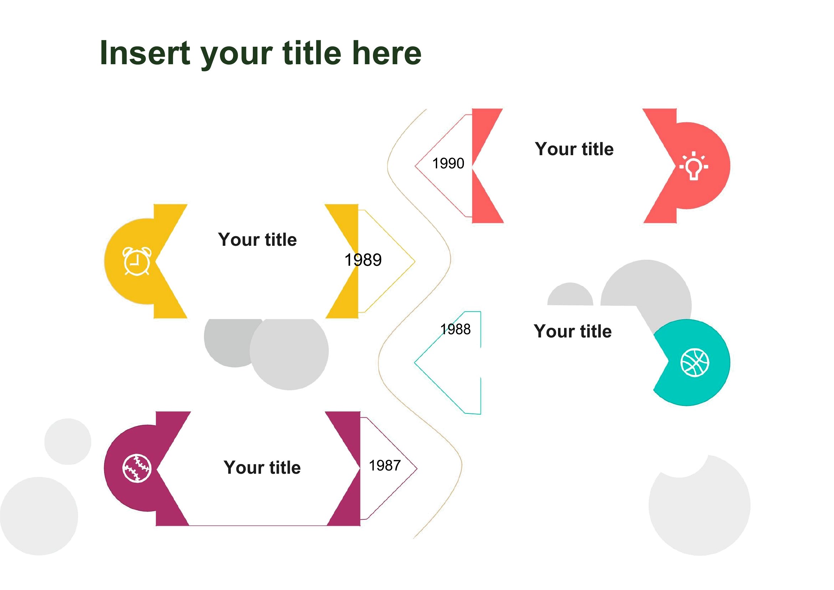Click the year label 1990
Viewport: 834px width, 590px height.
(x=448, y=163)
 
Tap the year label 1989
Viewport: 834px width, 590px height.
(x=363, y=260)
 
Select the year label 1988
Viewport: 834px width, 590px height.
(x=455, y=330)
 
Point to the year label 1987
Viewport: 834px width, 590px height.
(x=385, y=466)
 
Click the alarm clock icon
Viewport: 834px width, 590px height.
(x=137, y=261)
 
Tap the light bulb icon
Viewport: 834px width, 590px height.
(x=694, y=166)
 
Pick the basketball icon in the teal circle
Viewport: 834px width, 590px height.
(x=695, y=362)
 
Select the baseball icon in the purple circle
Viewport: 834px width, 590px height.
(x=137, y=468)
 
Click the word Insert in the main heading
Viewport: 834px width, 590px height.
(x=145, y=54)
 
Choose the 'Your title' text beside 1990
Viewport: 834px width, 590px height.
(x=574, y=149)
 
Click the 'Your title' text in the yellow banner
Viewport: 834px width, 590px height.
(x=257, y=240)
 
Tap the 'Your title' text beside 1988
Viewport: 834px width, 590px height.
(x=573, y=331)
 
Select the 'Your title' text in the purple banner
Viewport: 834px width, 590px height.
(x=262, y=468)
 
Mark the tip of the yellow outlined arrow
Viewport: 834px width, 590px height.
(x=415, y=261)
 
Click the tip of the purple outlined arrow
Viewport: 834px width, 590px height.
(x=418, y=469)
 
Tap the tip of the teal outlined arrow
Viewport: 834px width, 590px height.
(x=414, y=362)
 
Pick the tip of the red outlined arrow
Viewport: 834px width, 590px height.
(x=415, y=166)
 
